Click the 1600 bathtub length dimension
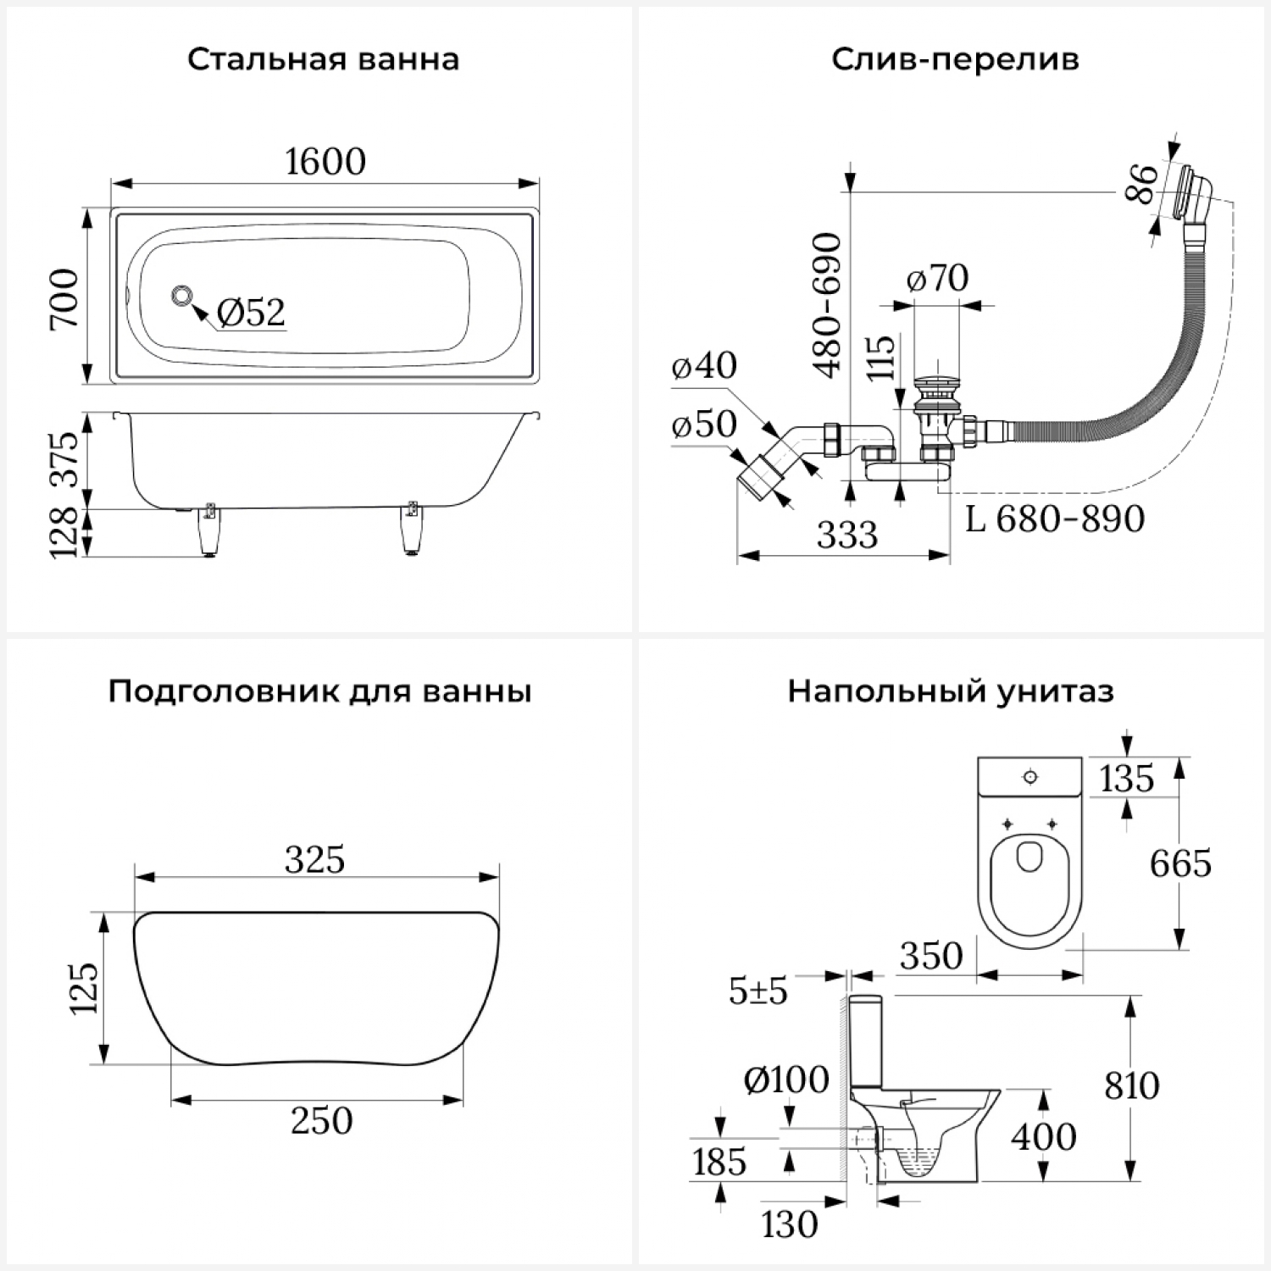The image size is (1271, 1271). [325, 161]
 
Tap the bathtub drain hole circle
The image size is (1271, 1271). [181, 297]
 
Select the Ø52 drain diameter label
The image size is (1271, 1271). [251, 312]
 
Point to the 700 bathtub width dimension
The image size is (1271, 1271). [64, 298]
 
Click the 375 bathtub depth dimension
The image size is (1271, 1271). [64, 458]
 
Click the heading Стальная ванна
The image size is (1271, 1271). [323, 60]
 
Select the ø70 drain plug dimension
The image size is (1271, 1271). [937, 278]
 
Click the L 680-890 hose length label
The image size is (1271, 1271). [1055, 519]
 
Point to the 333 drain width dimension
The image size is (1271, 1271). [847, 535]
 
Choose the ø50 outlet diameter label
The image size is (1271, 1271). [704, 425]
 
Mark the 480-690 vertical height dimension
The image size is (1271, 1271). [827, 305]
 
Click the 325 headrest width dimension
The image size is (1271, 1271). [315, 859]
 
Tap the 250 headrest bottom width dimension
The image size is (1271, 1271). [321, 1120]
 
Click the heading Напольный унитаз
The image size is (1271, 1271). [951, 691]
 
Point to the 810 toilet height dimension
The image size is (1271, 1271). [1132, 1085]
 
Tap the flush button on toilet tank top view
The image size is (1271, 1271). [1030, 776]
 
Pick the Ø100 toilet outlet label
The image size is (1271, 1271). [786, 1080]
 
